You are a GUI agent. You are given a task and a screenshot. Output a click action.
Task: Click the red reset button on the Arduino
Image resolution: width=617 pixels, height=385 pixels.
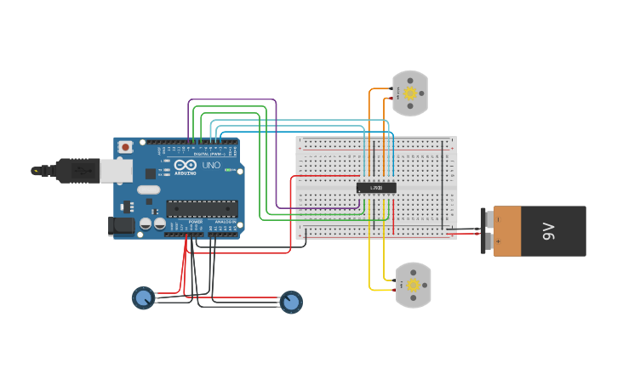[x=126, y=147]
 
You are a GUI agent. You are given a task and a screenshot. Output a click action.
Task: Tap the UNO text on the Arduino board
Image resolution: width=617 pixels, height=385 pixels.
[x=211, y=165]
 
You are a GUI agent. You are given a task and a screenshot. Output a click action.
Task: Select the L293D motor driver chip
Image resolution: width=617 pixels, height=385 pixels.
[x=375, y=187]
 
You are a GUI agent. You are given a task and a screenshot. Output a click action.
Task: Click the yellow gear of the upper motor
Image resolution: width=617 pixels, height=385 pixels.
[x=410, y=93]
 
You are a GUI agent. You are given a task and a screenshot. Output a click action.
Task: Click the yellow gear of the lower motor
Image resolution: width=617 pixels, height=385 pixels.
[x=414, y=285]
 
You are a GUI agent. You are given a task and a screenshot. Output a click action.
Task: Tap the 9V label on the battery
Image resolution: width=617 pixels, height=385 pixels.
[x=550, y=230]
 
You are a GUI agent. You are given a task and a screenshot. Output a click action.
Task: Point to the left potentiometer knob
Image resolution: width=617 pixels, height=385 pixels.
[x=143, y=297]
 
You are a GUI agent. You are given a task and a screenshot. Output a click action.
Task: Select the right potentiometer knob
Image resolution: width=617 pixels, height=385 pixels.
[x=291, y=302]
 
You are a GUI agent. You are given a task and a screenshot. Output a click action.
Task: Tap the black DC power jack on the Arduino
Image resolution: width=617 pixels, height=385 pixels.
[x=122, y=225]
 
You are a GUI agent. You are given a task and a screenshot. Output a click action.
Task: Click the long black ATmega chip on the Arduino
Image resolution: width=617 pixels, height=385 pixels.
[x=202, y=208]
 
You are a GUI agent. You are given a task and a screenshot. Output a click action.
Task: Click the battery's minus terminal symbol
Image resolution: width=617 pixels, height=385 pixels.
[x=498, y=218]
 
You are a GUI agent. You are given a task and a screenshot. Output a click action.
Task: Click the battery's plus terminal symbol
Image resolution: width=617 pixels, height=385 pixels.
[x=498, y=242]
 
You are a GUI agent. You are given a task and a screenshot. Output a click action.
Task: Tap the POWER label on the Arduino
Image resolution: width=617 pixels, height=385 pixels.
[x=195, y=222]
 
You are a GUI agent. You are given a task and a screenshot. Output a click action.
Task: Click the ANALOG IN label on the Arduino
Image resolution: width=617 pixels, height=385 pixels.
[x=225, y=222]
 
